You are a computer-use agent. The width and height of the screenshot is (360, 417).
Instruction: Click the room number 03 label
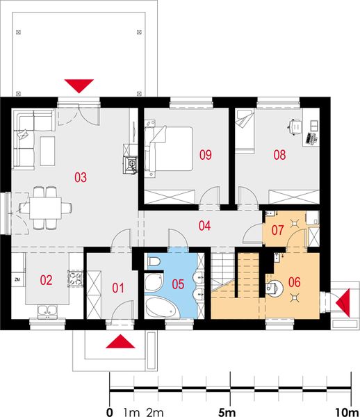click(81, 177)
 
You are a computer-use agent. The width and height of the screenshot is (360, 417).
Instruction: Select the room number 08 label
click(279, 155)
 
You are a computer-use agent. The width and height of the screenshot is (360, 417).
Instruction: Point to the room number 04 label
click(204, 225)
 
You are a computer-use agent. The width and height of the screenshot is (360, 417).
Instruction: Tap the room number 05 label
click(177, 283)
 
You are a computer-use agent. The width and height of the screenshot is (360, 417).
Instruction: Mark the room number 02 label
click(46, 281)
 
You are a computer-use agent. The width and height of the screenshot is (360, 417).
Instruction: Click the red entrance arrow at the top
click(80, 85)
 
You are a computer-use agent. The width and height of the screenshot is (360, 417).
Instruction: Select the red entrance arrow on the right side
click(342, 302)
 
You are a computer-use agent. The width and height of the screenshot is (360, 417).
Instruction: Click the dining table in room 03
click(46, 206)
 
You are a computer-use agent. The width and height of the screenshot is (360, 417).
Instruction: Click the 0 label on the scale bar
click(110, 411)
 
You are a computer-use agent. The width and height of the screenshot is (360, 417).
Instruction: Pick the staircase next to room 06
click(226, 275)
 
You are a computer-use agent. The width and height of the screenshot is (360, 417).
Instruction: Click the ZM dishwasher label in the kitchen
click(17, 280)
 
